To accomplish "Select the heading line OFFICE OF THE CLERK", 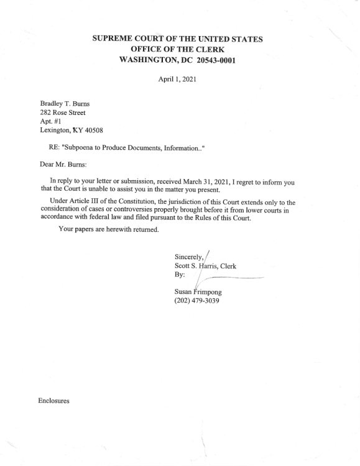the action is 177,49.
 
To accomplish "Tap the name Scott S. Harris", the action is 200,267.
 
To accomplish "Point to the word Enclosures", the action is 54,401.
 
